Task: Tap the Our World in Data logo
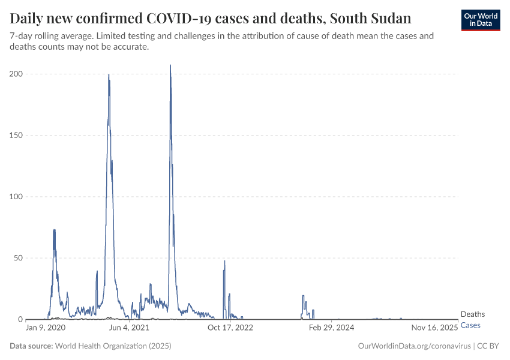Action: click(x=480, y=20)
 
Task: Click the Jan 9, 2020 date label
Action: click(x=46, y=328)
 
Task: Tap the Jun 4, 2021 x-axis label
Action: click(x=128, y=328)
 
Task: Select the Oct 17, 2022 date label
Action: click(x=230, y=328)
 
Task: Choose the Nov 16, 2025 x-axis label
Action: click(x=435, y=328)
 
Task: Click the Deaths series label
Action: click(x=472, y=314)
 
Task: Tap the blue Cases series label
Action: click(x=470, y=325)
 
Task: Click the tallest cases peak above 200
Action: click(x=170, y=66)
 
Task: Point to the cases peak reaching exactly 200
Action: click(x=109, y=75)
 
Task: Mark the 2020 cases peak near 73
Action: click(x=54, y=230)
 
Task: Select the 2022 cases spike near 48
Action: click(x=224, y=261)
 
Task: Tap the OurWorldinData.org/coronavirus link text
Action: click(x=413, y=346)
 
